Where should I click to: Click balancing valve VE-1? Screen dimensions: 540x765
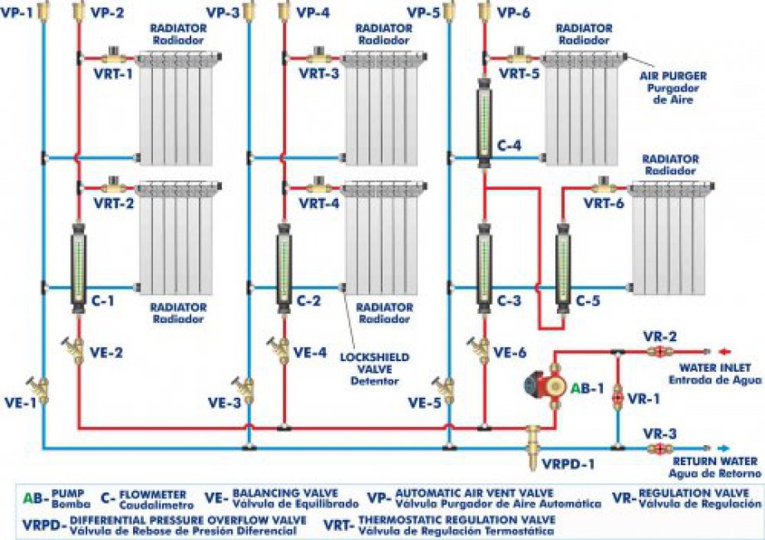point(40,389)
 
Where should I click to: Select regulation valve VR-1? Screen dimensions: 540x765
point(617,397)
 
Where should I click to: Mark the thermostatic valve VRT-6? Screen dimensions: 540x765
point(602,188)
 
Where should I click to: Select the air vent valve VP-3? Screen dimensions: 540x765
point(248,12)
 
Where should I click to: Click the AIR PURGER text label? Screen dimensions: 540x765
point(673,75)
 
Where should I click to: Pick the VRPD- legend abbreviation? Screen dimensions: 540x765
point(42,524)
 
